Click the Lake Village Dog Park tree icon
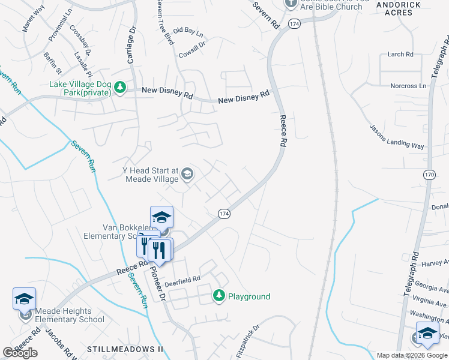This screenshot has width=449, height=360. pyautogui.click(x=120, y=88)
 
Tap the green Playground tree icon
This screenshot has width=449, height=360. pyautogui.click(x=219, y=296)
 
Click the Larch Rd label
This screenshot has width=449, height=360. pyautogui.click(x=400, y=54)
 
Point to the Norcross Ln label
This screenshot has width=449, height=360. pyautogui.click(x=408, y=86)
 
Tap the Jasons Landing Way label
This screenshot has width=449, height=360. pyautogui.click(x=397, y=136)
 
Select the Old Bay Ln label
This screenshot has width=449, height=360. pyautogui.click(x=188, y=30)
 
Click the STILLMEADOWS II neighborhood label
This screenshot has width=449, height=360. pyautogui.click(x=125, y=349)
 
